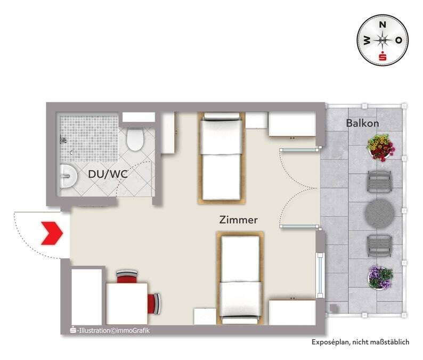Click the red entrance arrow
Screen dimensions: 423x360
tap(52, 233)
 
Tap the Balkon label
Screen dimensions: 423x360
tap(362, 123)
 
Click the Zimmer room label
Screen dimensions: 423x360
tap(238, 220)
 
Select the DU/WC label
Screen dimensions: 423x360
tap(108, 174)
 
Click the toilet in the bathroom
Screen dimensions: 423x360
tap(135, 140)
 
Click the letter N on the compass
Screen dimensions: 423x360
tap(383, 25)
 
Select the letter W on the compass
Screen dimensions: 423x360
tap(367, 40)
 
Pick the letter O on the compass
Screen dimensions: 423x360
tap(398, 40)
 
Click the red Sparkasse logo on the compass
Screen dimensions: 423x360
tap(383, 56)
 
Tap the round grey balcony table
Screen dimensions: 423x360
tap(379, 214)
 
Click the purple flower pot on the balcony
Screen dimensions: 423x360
tap(380, 277)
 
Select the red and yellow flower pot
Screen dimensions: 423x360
tap(380, 148)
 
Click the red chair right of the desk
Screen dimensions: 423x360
tap(154, 304)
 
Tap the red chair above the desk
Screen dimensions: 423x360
tap(127, 277)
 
